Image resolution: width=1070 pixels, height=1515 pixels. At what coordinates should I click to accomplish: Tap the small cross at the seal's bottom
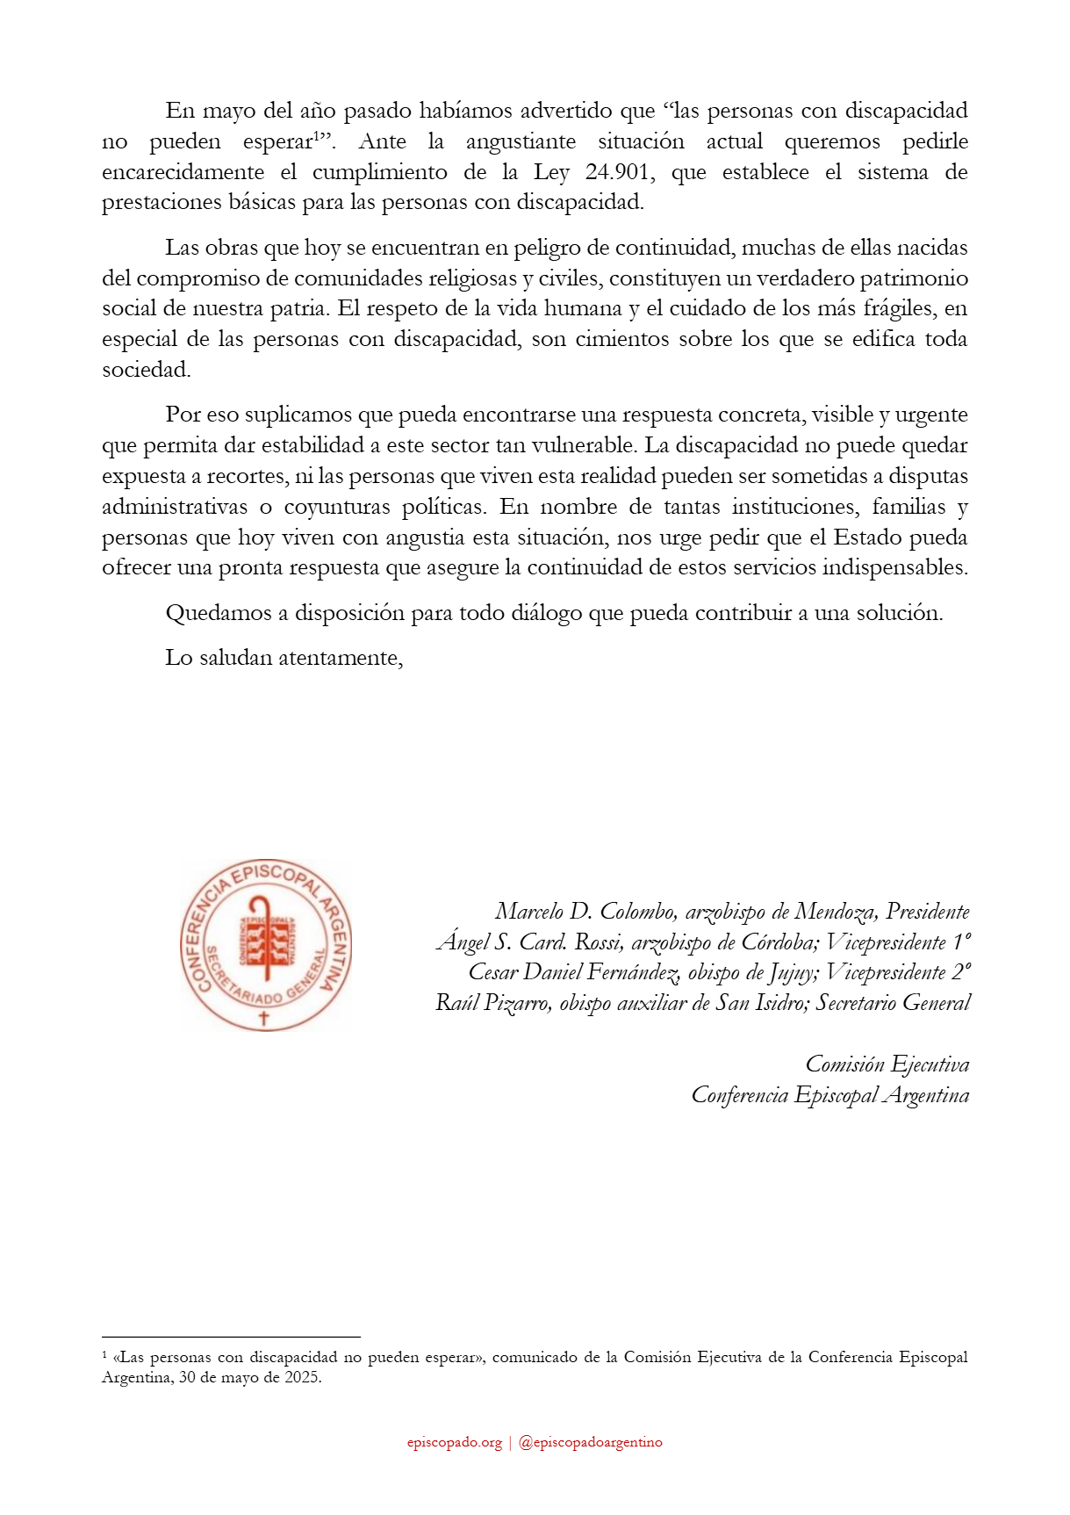pos(263,1018)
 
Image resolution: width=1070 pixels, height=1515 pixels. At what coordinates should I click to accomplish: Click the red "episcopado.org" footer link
pos(454,1442)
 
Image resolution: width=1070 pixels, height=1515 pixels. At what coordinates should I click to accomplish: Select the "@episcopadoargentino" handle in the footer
pos(591,1442)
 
